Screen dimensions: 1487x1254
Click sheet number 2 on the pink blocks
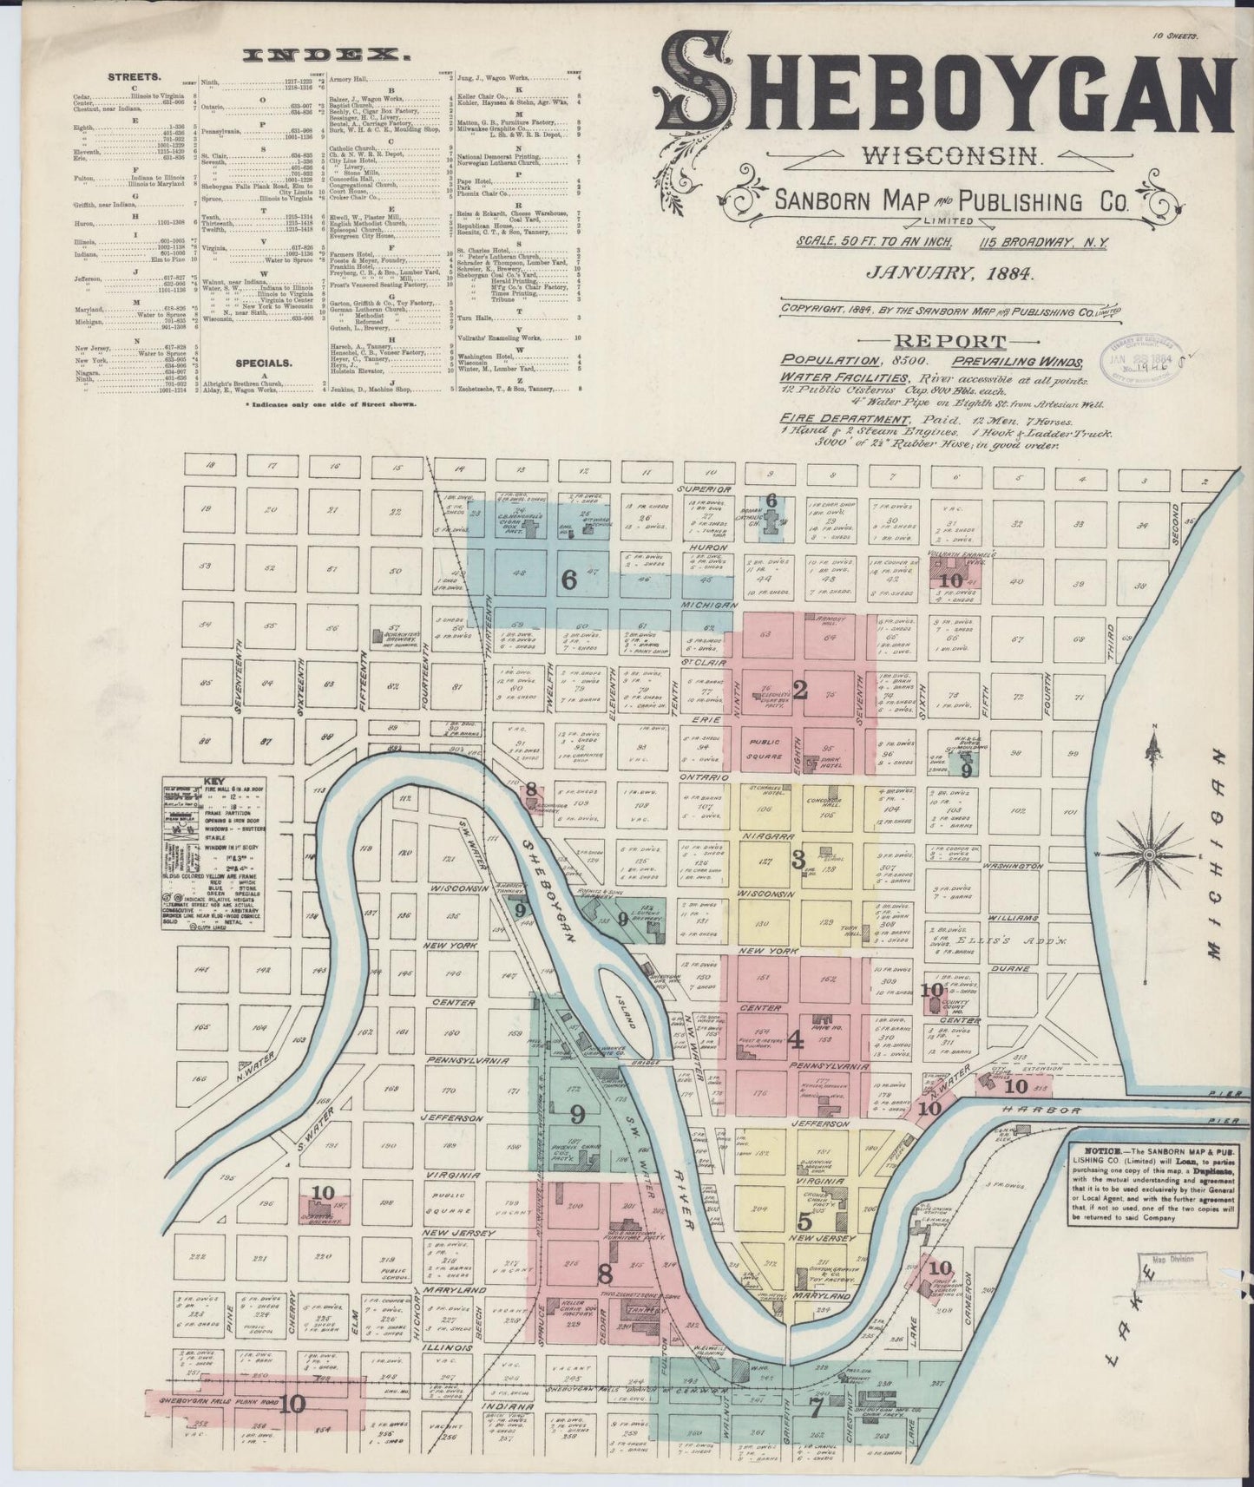click(x=800, y=691)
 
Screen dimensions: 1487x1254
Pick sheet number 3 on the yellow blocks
click(x=798, y=860)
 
